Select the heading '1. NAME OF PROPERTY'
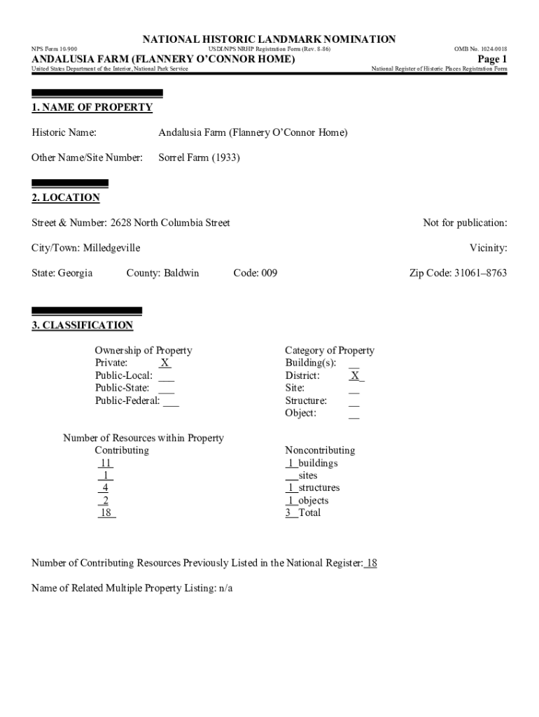coord(92,107)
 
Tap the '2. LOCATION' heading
coord(66,197)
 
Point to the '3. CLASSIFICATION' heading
coord(82,325)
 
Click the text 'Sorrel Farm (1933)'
coord(199,158)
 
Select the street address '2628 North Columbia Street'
coord(170,223)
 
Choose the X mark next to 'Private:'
coord(164,363)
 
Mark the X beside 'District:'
coord(355,375)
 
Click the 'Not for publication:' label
coord(465,223)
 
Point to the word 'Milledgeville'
coord(111,248)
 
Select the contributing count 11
coord(106,463)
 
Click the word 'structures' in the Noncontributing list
coord(318,487)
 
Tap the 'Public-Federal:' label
coord(127,401)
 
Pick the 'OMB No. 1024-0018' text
coord(480,49)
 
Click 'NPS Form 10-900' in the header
coord(55,49)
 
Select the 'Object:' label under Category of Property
coord(301,412)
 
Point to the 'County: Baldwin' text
coord(162,272)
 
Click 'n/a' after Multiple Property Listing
coord(225,587)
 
